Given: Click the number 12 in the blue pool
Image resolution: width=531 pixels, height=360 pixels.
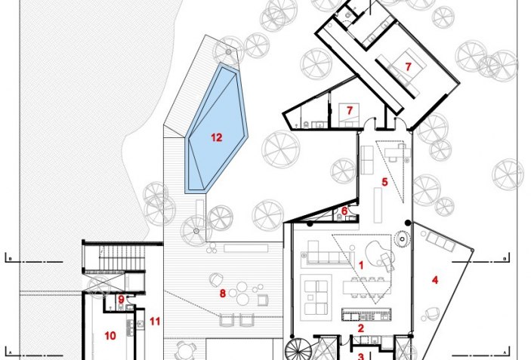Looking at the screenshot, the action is [x=216, y=137].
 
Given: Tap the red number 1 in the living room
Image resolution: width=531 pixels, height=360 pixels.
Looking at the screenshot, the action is [x=360, y=265].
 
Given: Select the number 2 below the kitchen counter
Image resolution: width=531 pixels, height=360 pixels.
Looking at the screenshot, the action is [x=360, y=328].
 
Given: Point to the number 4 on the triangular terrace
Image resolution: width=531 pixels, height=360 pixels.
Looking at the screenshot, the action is [x=435, y=280].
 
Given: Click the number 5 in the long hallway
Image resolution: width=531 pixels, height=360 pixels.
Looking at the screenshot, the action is [x=384, y=182].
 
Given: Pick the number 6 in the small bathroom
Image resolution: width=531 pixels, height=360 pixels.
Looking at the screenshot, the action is [x=344, y=211].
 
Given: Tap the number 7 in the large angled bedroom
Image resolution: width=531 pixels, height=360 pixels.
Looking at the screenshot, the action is [x=408, y=66].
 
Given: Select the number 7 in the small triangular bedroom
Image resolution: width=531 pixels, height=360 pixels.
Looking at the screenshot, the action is [x=350, y=110].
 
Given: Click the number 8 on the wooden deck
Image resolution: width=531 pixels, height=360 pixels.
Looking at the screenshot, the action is [x=223, y=294].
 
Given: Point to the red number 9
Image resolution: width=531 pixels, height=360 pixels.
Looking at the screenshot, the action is [x=122, y=300].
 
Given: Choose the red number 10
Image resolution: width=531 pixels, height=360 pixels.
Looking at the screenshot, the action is [x=110, y=336].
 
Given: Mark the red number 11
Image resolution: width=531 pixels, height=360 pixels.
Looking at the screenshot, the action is [x=155, y=321].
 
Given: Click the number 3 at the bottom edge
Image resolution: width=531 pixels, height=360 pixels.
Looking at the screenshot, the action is [x=360, y=356].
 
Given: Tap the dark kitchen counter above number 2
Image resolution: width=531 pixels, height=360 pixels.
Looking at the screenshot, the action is [x=366, y=314].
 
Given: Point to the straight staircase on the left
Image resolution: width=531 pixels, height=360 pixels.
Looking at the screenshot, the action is [x=115, y=258].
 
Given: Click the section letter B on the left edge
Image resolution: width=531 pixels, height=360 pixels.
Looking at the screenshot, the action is [x=10, y=260].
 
